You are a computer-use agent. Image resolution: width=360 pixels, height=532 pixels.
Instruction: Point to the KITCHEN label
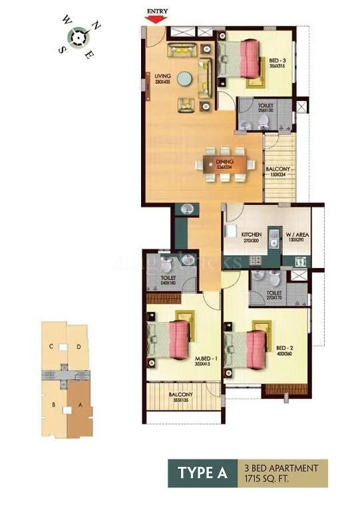251,235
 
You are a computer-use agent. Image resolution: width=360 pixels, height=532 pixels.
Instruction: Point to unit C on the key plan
51,346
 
